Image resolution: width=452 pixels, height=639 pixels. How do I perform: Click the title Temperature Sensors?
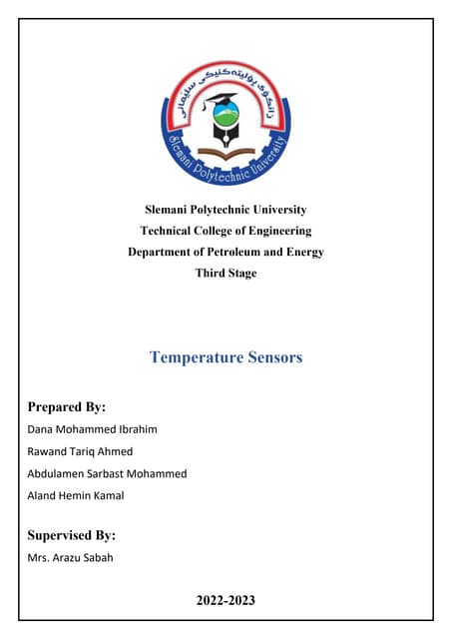click(x=226, y=356)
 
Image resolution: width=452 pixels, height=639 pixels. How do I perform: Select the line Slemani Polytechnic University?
click(x=226, y=210)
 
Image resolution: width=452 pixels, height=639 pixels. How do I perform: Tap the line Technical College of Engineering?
click(x=226, y=231)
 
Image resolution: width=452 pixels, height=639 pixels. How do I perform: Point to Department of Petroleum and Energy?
click(x=226, y=252)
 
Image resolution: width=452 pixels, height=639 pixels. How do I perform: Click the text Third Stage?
click(x=226, y=273)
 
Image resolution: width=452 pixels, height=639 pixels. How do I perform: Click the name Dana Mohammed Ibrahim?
click(x=85, y=429)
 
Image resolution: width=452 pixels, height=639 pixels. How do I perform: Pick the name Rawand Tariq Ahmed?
click(x=79, y=451)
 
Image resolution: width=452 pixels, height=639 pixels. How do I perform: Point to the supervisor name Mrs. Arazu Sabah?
click(x=69, y=557)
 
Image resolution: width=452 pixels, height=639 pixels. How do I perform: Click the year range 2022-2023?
click(x=226, y=600)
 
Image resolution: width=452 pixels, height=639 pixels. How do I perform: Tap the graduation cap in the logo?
click(x=221, y=101)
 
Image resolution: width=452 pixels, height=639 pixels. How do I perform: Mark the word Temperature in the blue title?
click(x=192, y=356)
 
